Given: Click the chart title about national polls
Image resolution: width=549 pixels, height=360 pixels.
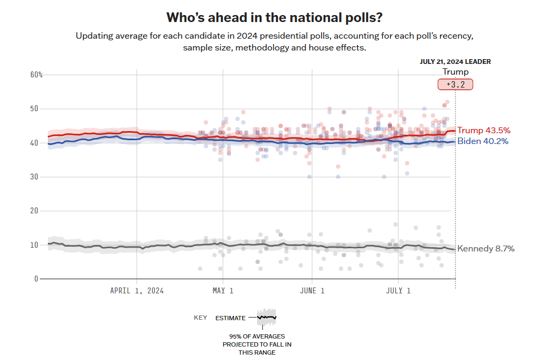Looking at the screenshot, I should point(274,18).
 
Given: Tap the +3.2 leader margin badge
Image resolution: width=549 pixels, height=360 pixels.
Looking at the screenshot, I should point(455,84).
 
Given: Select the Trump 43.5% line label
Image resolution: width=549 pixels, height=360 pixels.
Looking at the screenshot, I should point(483,131).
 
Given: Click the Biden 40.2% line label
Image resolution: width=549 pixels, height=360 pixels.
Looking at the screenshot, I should point(482,141).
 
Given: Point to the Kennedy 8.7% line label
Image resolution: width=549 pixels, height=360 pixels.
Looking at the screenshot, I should point(485,249).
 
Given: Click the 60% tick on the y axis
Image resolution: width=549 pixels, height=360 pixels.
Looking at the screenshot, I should point(37,75).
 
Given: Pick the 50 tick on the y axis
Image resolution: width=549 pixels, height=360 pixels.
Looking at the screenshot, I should point(35,109).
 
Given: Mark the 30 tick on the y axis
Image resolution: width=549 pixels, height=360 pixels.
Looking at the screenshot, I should point(35,177).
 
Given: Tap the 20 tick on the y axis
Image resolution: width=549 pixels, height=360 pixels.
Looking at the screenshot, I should point(35,211).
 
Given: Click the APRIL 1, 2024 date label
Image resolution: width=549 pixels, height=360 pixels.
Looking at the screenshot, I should point(137,291).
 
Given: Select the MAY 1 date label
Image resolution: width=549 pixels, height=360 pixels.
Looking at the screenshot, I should point(223,291).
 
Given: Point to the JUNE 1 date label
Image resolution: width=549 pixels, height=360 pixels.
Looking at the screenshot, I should point(312,291).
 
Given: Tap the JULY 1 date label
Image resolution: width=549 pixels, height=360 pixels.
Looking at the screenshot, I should point(398,291).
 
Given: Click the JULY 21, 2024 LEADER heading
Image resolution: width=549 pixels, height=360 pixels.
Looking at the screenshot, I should point(455,62).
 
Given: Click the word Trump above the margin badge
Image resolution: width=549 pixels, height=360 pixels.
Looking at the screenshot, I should point(455,72).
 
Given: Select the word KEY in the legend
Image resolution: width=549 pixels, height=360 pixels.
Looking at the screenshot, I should point(201,318).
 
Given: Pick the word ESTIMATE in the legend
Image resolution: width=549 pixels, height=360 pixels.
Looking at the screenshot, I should point(230,318).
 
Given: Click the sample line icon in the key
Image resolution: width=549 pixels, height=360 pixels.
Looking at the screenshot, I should point(266,317).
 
